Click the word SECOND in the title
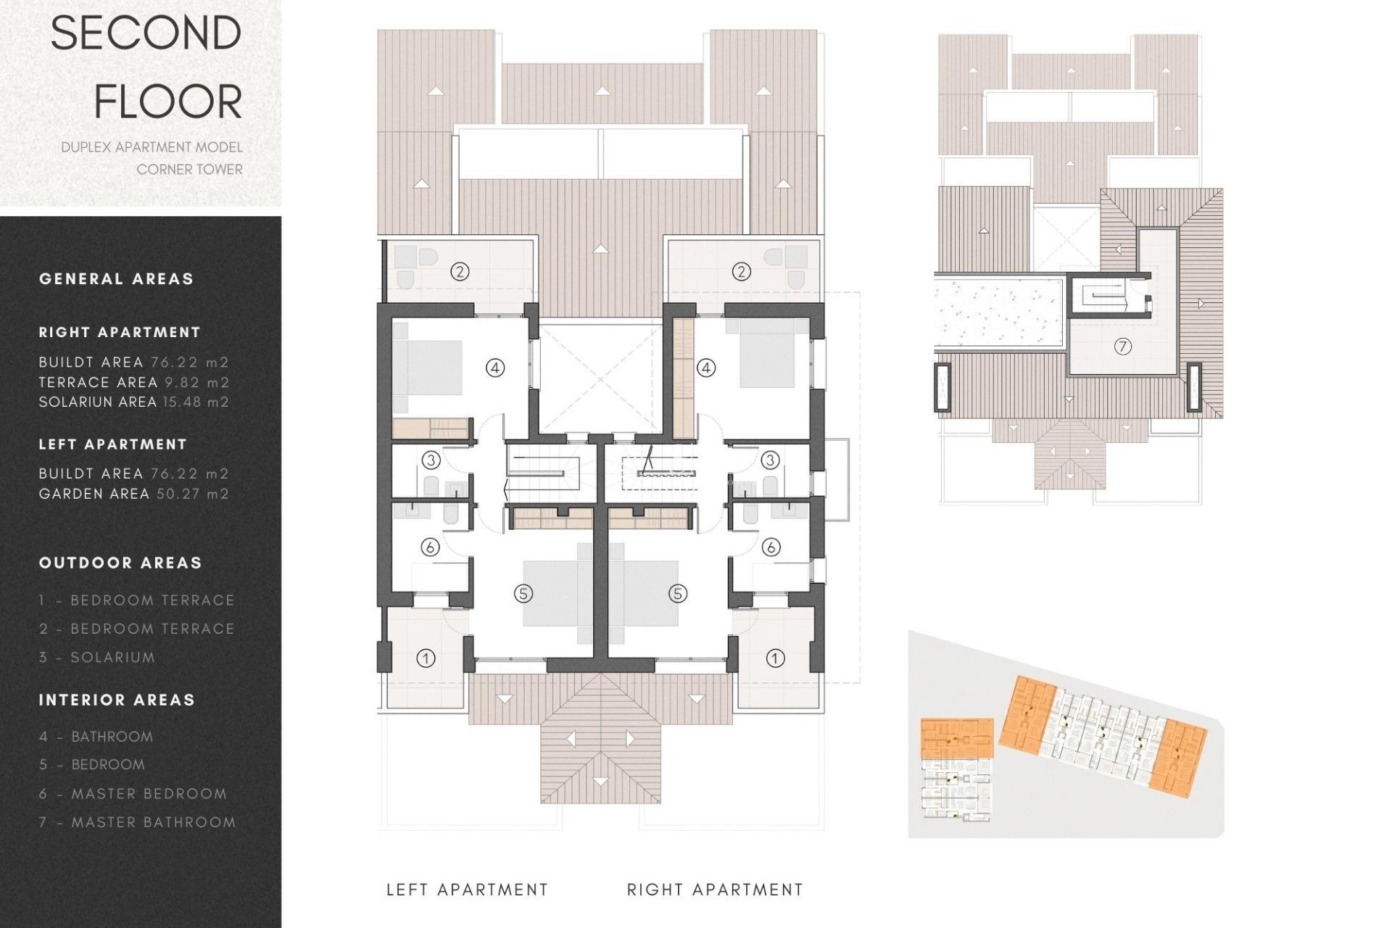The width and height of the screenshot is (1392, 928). tap(146, 33)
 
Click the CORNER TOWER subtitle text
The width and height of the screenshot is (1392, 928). tap(189, 170)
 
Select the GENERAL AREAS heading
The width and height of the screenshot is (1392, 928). tap(116, 279)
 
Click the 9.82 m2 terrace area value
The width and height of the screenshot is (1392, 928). tap(196, 382)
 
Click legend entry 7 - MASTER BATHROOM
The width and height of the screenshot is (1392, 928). tap(138, 822)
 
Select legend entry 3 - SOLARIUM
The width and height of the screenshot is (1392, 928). tap(97, 658)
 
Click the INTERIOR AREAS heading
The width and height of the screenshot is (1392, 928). tap(117, 700)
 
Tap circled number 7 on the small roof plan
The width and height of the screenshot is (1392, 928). tap(1122, 347)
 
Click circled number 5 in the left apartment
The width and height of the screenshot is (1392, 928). tap(523, 594)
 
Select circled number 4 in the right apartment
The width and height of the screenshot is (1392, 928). tap(706, 368)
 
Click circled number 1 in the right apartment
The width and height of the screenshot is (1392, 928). tap(775, 658)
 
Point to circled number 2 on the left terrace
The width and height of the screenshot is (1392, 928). tap(460, 272)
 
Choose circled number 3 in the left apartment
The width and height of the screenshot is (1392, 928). tap(431, 460)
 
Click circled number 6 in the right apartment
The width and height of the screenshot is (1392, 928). tap(771, 547)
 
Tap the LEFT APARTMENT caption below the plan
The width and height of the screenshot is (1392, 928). tap(467, 890)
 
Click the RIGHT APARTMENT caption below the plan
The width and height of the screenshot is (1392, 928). tap(715, 890)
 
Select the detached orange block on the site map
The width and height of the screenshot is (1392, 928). tap(956, 738)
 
